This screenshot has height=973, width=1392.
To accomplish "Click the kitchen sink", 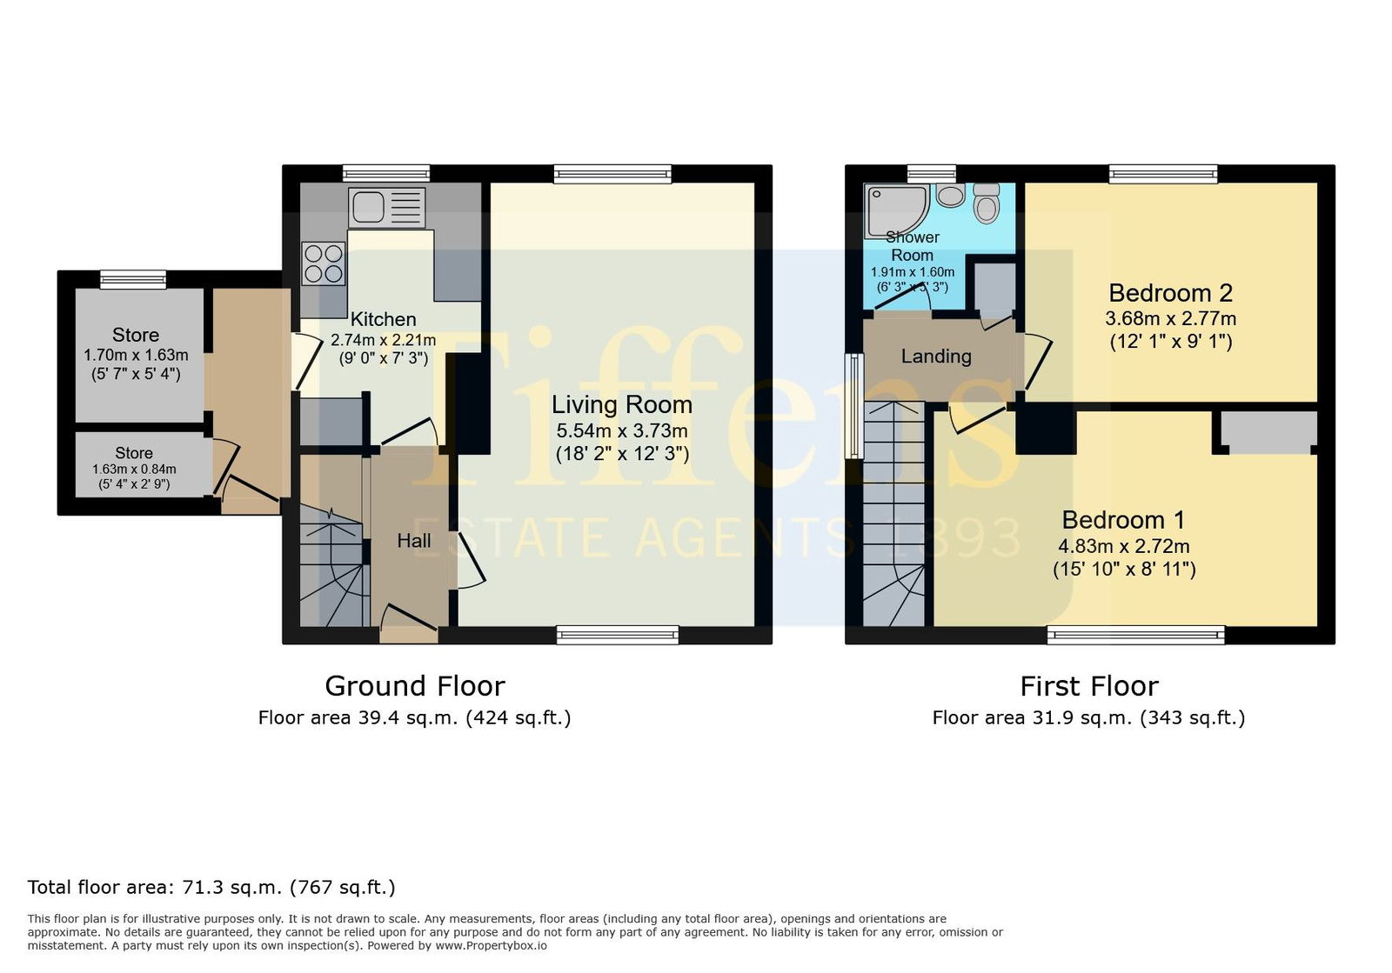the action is [x=387, y=208].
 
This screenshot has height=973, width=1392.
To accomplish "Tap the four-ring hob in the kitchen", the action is [x=324, y=263].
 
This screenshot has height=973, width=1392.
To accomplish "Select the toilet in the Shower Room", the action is [x=987, y=203].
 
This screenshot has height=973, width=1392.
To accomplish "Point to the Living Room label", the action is [x=622, y=405].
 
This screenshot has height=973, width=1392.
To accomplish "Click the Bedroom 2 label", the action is [x=1171, y=292].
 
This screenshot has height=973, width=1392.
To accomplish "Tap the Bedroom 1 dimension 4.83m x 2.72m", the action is [x=1124, y=546].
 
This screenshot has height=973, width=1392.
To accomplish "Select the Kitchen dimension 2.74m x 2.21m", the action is [x=384, y=340].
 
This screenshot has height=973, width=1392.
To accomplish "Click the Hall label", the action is [x=414, y=541].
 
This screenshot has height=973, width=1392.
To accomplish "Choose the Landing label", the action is [x=936, y=357].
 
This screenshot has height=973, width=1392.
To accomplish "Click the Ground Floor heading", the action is [x=415, y=686].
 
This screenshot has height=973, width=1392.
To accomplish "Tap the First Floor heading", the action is [x=1089, y=687].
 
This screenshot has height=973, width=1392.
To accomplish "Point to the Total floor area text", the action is [x=211, y=887].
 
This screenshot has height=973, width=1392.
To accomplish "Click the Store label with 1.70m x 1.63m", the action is [x=136, y=336].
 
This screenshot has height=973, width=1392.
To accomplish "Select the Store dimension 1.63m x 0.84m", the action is [x=134, y=470].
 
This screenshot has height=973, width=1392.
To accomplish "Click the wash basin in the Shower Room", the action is [x=950, y=195].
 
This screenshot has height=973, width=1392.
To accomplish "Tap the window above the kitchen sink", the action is [x=386, y=173].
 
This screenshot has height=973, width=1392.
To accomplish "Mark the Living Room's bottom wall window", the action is [x=618, y=635].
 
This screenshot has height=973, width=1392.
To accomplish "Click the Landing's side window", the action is [x=855, y=406].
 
